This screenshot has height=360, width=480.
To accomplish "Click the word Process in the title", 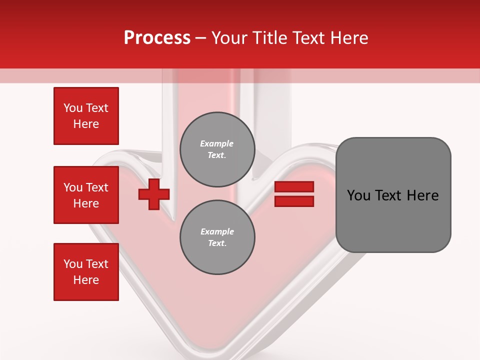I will pos(157,38).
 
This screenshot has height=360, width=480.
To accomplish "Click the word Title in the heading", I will pos(268,38).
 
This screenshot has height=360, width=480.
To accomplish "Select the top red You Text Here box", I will pos(86,116).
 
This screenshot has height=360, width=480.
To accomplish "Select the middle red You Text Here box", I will pos(86,195).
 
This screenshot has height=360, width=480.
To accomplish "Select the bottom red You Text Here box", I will pos(86,272).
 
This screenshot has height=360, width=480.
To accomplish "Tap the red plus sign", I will pos(154,194).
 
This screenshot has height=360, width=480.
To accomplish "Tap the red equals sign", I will pos(294,194).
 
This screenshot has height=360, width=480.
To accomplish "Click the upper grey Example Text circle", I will pos(217,149).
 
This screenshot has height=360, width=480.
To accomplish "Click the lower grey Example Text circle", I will pos(217,237).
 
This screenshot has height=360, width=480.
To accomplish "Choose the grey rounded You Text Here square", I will pos(393,195).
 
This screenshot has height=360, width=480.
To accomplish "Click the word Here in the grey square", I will pos(422,195).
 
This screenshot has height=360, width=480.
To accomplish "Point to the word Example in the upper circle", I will pos(216,143).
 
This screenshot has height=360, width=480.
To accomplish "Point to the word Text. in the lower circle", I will pos(217,243).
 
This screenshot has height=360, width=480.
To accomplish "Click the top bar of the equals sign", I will pos(294,187).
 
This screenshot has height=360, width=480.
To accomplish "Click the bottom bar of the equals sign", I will pos(294,201).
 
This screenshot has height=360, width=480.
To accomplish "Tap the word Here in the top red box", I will pos(86,124).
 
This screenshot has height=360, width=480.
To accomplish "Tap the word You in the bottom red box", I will pos(73,264).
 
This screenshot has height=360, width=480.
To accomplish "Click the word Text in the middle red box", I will pos(97,187).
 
